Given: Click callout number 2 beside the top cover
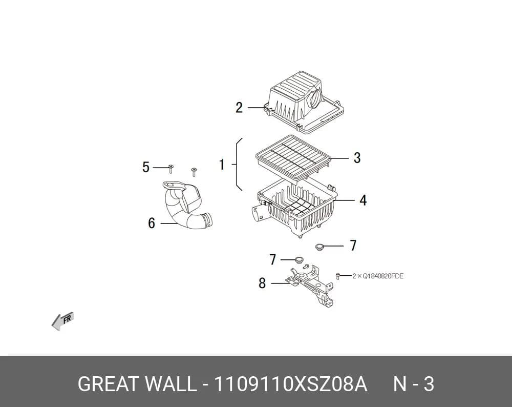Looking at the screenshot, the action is coord(239,108).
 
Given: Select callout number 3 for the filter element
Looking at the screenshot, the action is coord(357,158).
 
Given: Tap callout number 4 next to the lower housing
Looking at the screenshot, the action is coord(363,200).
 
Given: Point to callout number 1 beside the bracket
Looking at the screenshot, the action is coord(222,165).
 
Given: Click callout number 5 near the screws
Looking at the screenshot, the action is coord(145,167).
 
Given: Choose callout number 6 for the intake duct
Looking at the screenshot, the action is coord(152,223).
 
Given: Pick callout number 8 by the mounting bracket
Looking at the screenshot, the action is coord(262,283).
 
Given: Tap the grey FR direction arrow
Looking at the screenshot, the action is coord(62,321).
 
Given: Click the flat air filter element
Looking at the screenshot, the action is coord(293,158).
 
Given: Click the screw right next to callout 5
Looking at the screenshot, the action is coord(170,169).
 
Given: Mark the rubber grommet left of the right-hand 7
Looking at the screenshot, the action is coord(319,247).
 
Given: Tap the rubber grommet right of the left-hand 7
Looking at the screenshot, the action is coord(299,260).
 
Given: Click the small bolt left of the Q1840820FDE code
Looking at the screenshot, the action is coord(338,276).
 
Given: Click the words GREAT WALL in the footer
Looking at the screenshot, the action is coord(137,384).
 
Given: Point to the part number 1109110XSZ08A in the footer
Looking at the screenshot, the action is coord(290,384).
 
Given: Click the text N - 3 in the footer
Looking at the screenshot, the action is coord(413,384).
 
